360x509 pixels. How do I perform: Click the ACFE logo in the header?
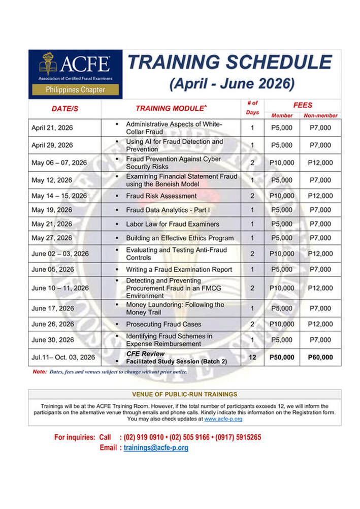(x=75, y=73)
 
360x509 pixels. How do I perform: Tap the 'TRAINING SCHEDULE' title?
(x=230, y=62)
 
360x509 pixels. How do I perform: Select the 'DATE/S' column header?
(x=64, y=109)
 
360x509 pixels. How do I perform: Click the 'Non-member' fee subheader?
(x=320, y=115)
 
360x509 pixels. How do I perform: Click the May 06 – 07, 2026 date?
(x=59, y=163)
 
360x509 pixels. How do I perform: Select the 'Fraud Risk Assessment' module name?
(x=161, y=196)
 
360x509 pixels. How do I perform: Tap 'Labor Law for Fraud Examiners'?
(x=173, y=224)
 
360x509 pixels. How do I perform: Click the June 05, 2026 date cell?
(x=53, y=269)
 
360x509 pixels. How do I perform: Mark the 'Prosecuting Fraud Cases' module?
(x=163, y=324)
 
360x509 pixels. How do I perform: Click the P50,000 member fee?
(x=282, y=358)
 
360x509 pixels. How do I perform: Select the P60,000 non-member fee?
(x=320, y=358)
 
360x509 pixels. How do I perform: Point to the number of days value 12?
(x=252, y=358)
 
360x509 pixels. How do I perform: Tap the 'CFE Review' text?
(x=145, y=354)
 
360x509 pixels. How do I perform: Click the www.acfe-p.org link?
(x=223, y=419)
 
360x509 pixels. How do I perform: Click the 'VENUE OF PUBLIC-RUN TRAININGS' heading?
(x=184, y=394)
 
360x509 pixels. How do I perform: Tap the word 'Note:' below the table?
(x=39, y=372)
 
